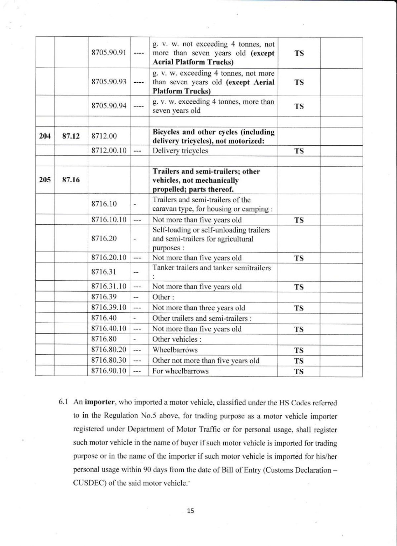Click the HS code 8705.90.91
point(109,53)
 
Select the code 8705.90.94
point(109,106)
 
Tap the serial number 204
point(45,136)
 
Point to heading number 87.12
point(71,136)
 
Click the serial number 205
point(45,180)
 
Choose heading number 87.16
point(71,180)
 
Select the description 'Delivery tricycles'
point(180,151)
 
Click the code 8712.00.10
point(109,151)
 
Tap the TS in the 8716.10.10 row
point(299,220)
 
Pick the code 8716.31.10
point(109,287)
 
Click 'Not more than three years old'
point(198,308)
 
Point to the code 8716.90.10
point(109,371)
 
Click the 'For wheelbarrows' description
point(180,371)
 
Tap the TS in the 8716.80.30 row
point(299,361)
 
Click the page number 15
point(191,511)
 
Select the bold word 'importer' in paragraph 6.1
point(100,402)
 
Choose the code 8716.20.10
point(109,258)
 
